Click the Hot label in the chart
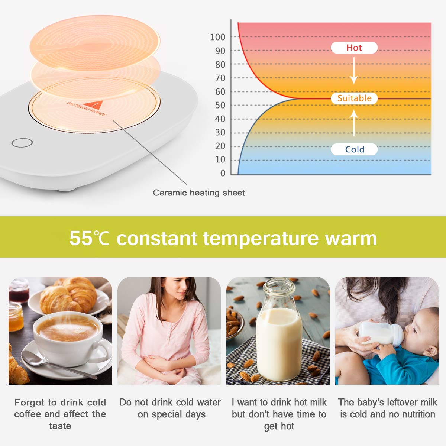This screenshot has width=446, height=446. click(x=354, y=48)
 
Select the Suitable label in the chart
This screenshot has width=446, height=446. click(x=354, y=98)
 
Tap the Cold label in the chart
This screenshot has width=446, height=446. click(x=354, y=149)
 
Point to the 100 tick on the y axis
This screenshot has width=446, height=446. click(x=217, y=37)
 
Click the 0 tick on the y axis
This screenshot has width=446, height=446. click(x=223, y=173)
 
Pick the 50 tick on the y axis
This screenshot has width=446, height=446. click(x=220, y=105)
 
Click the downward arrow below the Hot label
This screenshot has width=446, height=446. click(x=354, y=71)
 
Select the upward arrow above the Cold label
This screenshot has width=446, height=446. click(x=354, y=123)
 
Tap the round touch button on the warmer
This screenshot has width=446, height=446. click(x=22, y=142)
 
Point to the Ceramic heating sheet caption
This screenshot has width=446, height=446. click(x=199, y=193)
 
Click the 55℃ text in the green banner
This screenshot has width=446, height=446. click(x=90, y=238)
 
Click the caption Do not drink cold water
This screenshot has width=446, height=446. click(x=170, y=403)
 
